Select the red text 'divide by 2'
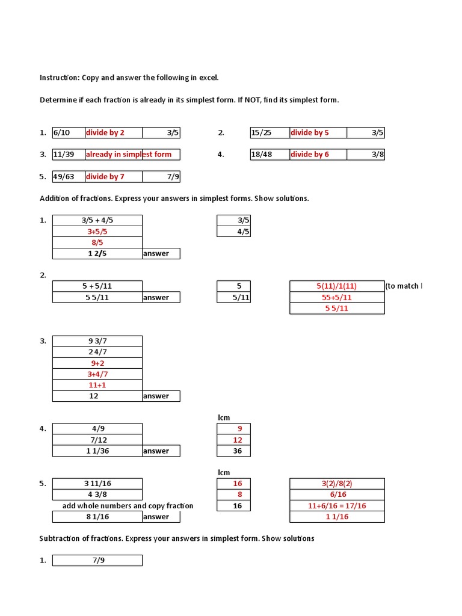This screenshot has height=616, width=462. [105, 133]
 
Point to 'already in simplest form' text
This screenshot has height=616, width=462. [128, 155]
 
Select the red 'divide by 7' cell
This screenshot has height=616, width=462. [105, 177]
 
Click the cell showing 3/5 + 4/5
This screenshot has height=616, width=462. [97, 220]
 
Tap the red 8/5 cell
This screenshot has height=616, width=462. [97, 242]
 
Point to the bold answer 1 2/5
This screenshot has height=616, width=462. [97, 253]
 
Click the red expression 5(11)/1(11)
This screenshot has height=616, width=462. [337, 286]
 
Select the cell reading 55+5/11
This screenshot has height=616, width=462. [337, 297]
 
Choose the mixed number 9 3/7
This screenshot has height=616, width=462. [97, 341]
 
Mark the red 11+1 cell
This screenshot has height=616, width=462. [97, 385]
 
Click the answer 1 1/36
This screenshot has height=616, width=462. [97, 451]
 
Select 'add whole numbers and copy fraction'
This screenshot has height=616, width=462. [128, 506]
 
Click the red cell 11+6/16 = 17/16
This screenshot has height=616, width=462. [337, 506]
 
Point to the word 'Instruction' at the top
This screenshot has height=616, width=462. [59, 78]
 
